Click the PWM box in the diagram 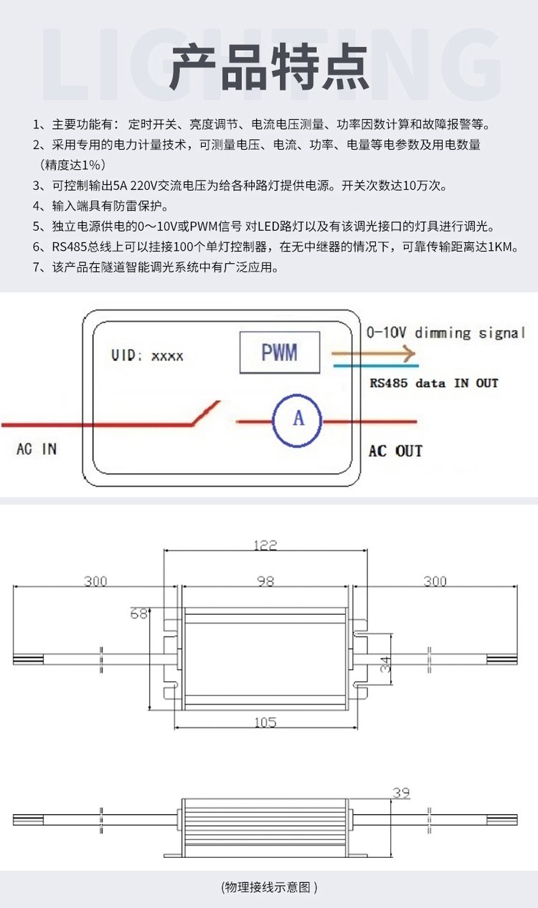coord(279,352)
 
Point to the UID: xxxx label coord(147,355)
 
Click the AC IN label coord(36,449)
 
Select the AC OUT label coord(395,451)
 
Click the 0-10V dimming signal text coord(445,333)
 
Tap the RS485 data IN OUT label coord(433,383)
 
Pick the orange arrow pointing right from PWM coord(373,353)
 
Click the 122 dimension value coord(265,545)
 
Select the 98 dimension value coord(265,581)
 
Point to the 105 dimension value coord(265,722)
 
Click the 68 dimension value coord(138,613)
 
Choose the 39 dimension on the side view coord(401,793)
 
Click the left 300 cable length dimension coord(95,581)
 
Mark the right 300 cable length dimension coord(435,581)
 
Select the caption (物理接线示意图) coord(269,887)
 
